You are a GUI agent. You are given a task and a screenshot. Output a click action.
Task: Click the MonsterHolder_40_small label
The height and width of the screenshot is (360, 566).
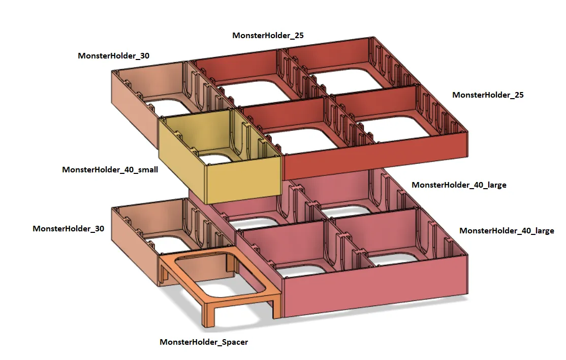[x=110, y=169]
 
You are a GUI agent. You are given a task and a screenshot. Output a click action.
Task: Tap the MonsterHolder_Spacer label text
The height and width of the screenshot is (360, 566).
[x=204, y=342]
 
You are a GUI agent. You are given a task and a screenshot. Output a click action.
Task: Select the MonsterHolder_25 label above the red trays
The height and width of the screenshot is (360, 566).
[x=268, y=36]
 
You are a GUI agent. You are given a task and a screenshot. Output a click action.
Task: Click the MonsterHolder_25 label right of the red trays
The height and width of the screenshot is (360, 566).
[x=488, y=95]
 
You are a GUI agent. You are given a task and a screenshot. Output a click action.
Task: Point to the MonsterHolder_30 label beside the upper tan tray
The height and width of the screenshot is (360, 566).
[x=113, y=56]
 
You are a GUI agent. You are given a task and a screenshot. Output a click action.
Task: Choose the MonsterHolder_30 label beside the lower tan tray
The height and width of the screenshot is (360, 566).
[x=68, y=229]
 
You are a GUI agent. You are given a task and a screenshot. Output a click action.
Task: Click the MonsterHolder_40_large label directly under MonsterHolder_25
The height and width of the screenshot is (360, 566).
[x=459, y=185]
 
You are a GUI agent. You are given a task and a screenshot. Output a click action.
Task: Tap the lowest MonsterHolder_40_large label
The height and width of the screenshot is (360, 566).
[x=507, y=231]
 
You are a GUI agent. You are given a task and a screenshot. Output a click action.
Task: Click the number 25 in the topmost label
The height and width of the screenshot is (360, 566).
[x=298, y=36]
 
